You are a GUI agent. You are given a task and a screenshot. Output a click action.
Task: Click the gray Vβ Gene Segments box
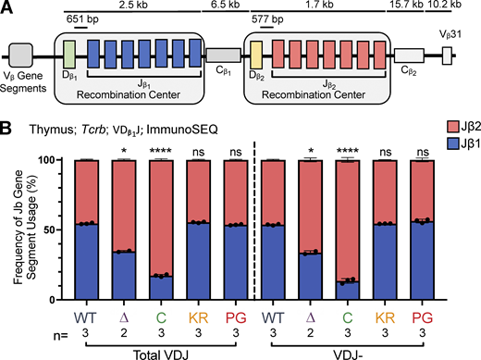click(x=22, y=55)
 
